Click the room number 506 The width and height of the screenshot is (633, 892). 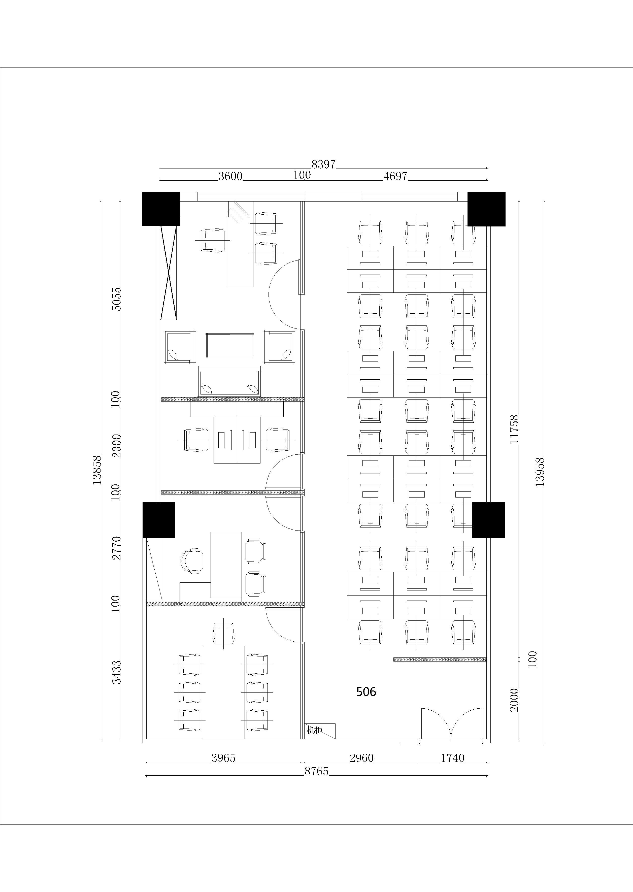pos(366,692)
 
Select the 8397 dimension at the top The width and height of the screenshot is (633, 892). pos(323,164)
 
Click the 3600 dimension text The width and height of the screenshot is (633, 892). pos(230,177)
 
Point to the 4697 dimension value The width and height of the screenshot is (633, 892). pos(395,177)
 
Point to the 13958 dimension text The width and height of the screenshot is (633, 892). pos(540,472)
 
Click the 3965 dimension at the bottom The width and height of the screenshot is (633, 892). pos(223,758)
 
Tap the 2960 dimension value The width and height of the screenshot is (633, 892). pos(361,758)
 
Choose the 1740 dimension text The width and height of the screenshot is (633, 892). pos(453,758)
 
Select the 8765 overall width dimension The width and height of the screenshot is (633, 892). pos(316,771)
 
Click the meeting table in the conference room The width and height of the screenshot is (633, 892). pos(223,692)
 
